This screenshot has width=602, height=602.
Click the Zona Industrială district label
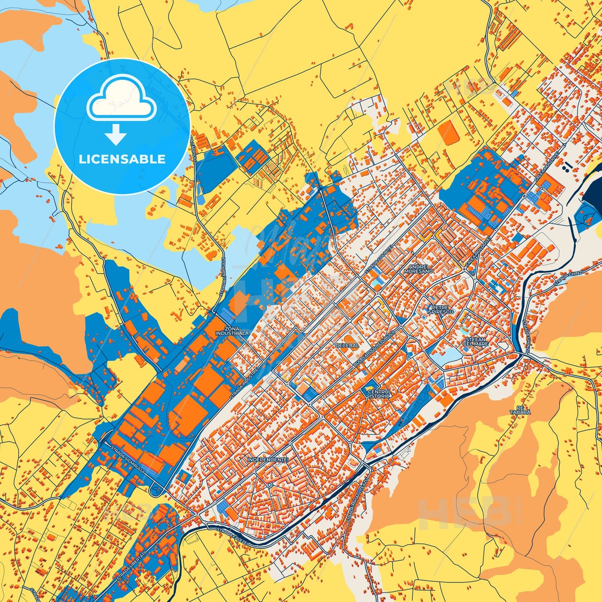point(232,331)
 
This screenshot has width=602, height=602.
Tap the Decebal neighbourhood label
point(347,345)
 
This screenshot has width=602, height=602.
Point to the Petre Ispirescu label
point(440,310)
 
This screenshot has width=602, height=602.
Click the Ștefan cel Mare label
point(476,342)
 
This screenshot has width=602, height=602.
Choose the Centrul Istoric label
point(380,394)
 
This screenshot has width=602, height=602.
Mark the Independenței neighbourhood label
point(268,460)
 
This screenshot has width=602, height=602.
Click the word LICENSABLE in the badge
point(122,159)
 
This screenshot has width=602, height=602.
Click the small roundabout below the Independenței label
point(270,485)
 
